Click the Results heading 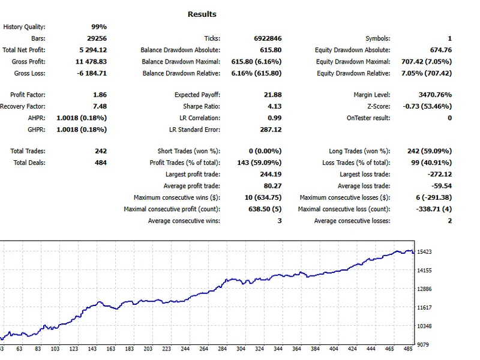pos(202,14)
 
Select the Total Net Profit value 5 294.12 pos(93,50)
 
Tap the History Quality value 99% pos(99,26)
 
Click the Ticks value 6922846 pos(268,38)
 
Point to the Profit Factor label pos(28,95)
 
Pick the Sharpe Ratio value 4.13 pos(274,106)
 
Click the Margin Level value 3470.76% pos(435,95)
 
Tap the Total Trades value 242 pos(101,151)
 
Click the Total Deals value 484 pos(101,163)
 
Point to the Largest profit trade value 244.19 pos(271,174)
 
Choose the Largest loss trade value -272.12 pos(440,174)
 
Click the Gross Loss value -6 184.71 pos(92,73)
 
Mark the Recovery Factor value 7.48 pos(100,106)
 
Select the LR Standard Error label pos(194,130)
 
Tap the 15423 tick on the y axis pos(424,251)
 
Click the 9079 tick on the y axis pos(423,344)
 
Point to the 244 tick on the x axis pos(185,349)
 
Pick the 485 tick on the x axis pos(408,349)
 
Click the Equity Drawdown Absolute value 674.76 pos(441,50)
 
